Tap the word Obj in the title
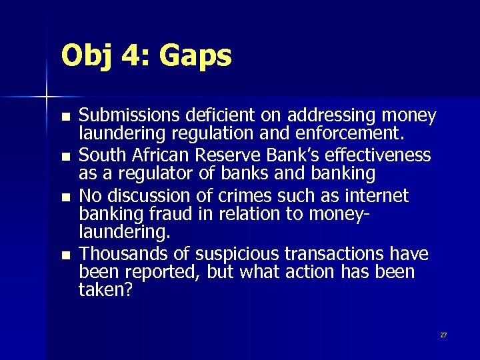click(87, 57)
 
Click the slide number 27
click(443, 335)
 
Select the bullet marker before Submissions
click(64, 117)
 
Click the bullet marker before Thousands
click(64, 255)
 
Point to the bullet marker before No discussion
click(64, 197)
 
